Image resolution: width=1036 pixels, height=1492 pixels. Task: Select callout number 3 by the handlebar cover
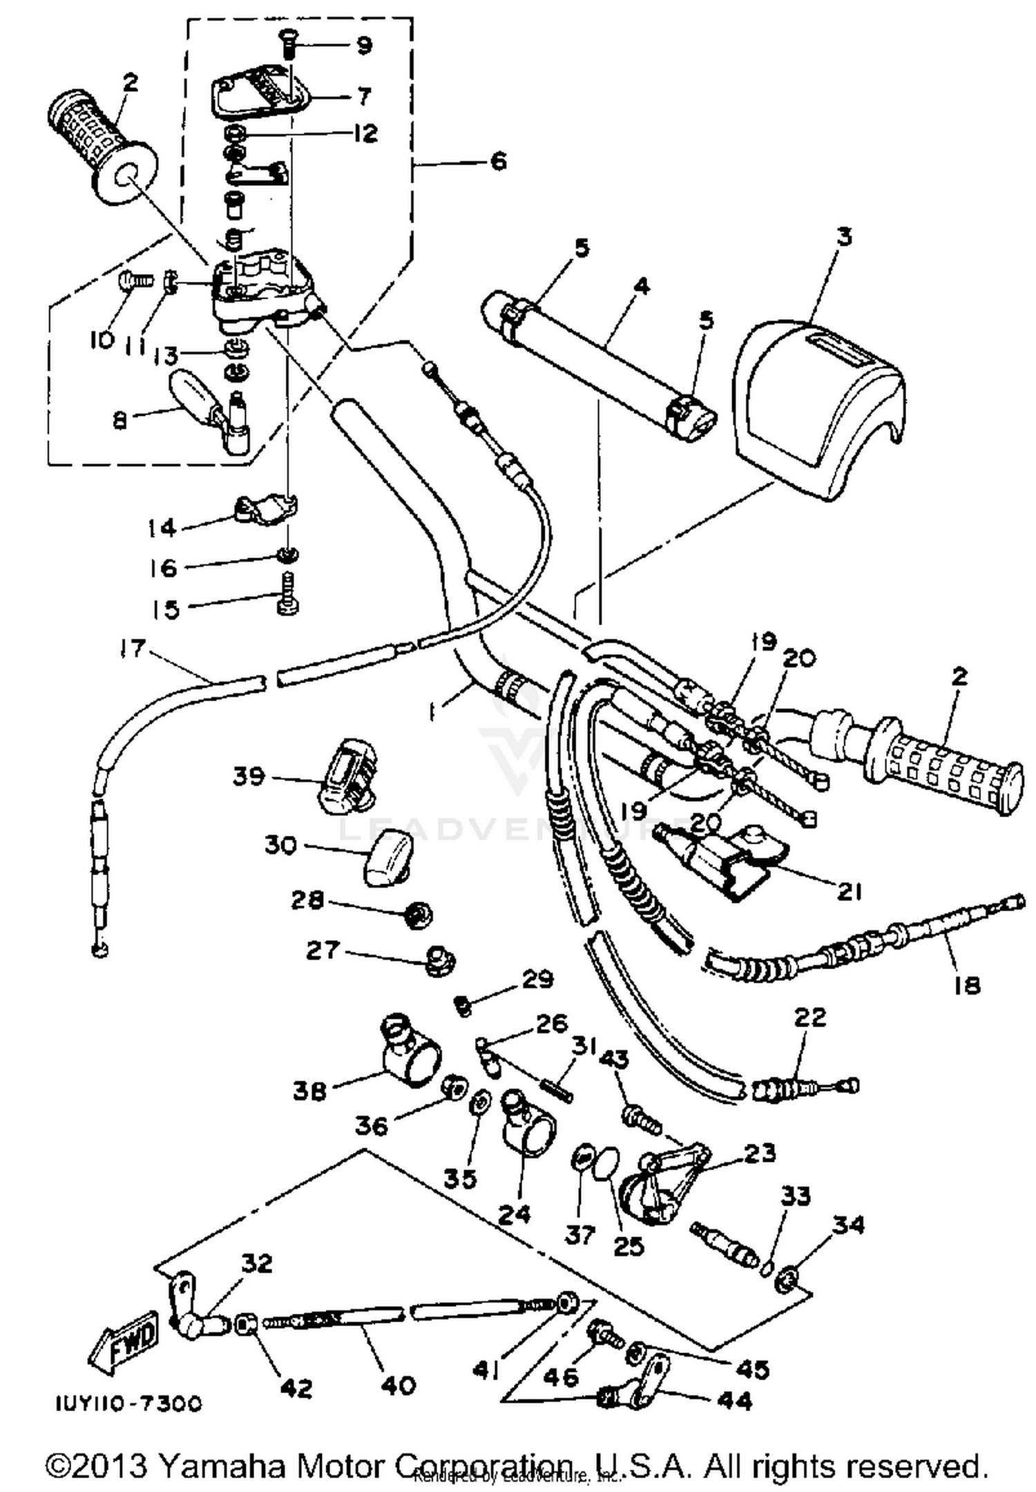tap(844, 237)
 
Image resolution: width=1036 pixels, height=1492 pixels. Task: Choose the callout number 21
tap(850, 892)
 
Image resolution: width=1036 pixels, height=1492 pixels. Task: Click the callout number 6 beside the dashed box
tap(498, 161)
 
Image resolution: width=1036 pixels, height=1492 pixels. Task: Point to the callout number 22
tap(809, 1017)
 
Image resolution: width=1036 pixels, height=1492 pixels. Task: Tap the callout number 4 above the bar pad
tap(642, 285)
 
